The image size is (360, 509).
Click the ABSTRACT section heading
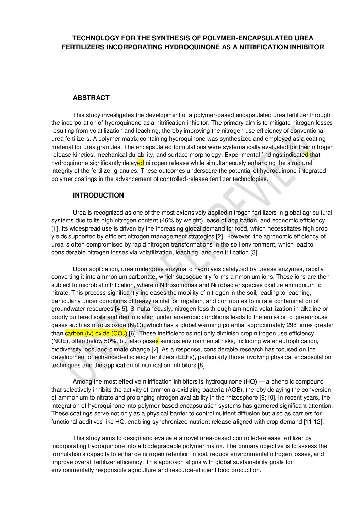point(91,98)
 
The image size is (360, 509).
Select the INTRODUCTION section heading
point(98,196)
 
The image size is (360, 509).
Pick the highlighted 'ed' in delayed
point(141,163)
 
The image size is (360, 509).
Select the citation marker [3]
point(254,252)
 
